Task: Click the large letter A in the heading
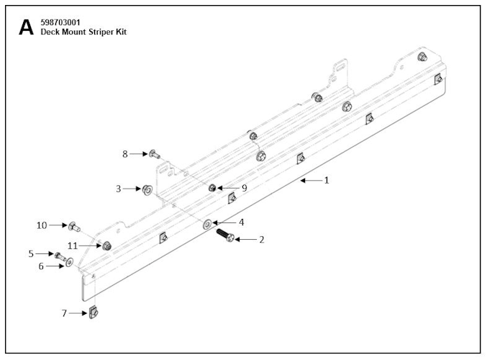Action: tap(26, 27)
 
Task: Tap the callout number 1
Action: tap(326, 180)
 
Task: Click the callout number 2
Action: tap(261, 239)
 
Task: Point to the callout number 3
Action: tap(118, 189)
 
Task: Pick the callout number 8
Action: tap(124, 153)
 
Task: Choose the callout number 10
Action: tap(42, 225)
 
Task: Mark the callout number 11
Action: tap(73, 246)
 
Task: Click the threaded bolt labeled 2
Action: tap(223, 235)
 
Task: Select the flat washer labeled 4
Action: tap(207, 224)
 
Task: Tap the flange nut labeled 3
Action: tap(146, 190)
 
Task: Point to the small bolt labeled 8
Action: tap(153, 153)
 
